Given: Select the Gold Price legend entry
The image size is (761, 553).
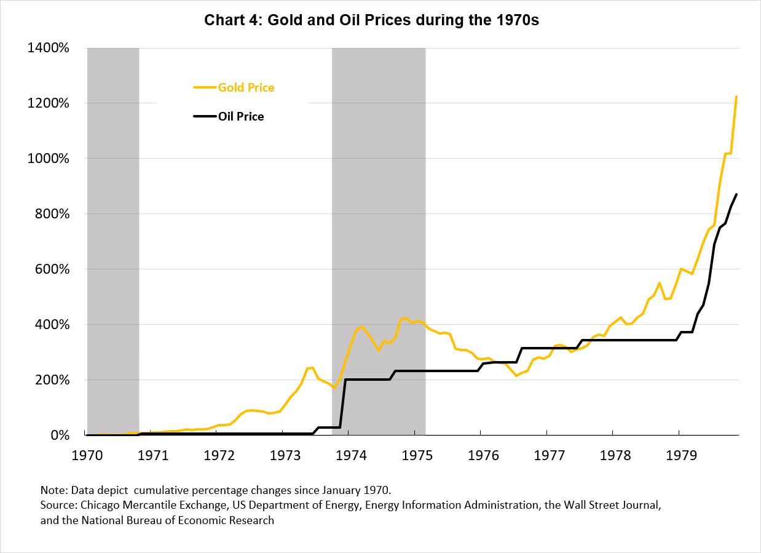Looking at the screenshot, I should click(246, 87).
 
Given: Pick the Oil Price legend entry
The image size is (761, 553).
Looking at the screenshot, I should click(240, 116).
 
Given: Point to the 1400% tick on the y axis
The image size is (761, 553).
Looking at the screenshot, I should click(49, 48).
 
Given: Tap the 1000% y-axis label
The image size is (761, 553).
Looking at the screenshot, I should click(49, 159).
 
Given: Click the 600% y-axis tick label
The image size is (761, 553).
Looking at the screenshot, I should click(52, 269).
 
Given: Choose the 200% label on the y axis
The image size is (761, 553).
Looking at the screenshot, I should click(52, 380).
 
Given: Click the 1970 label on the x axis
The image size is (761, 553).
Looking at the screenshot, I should click(87, 456).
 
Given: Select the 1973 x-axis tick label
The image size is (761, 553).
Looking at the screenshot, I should click(282, 456).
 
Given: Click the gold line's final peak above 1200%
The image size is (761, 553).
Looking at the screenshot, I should click(736, 97).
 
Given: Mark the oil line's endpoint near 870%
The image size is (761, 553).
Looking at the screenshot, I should click(736, 194).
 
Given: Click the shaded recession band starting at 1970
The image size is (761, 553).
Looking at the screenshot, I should click(113, 240).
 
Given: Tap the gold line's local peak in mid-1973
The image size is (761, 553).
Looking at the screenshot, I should click(312, 368).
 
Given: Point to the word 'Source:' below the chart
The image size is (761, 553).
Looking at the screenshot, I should click(59, 506).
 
